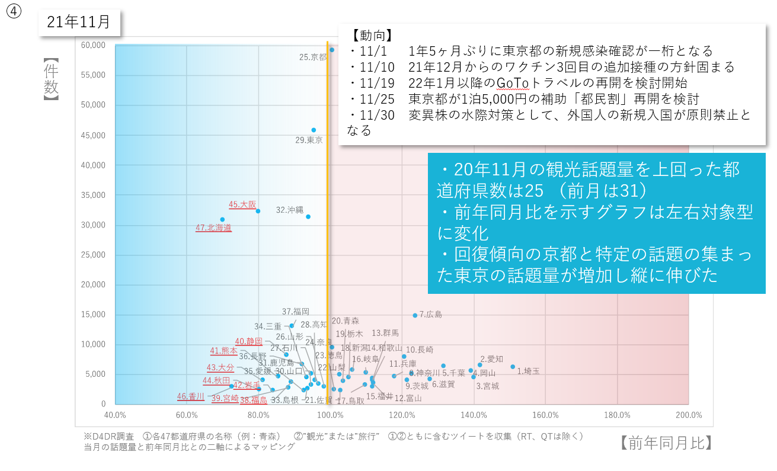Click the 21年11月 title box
pyautogui.click(x=79, y=23)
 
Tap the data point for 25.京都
pyautogui.click(x=332, y=50)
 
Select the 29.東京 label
pyautogui.click(x=309, y=140)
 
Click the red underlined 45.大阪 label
pyautogui.click(x=242, y=204)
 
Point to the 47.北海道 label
pyautogui.click(x=213, y=228)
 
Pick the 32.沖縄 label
pyautogui.click(x=290, y=210)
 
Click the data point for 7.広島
pyautogui.click(x=415, y=315)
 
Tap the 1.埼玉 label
pyautogui.click(x=528, y=371)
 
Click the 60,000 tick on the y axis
pyautogui.click(x=93, y=45)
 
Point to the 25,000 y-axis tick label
pyautogui.click(x=93, y=255)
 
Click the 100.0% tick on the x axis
pyautogui.click(x=331, y=415)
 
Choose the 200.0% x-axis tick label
pyautogui.click(x=688, y=415)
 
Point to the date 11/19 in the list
pyautogui.click(x=372, y=82)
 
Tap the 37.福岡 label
pyautogui.click(x=295, y=312)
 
